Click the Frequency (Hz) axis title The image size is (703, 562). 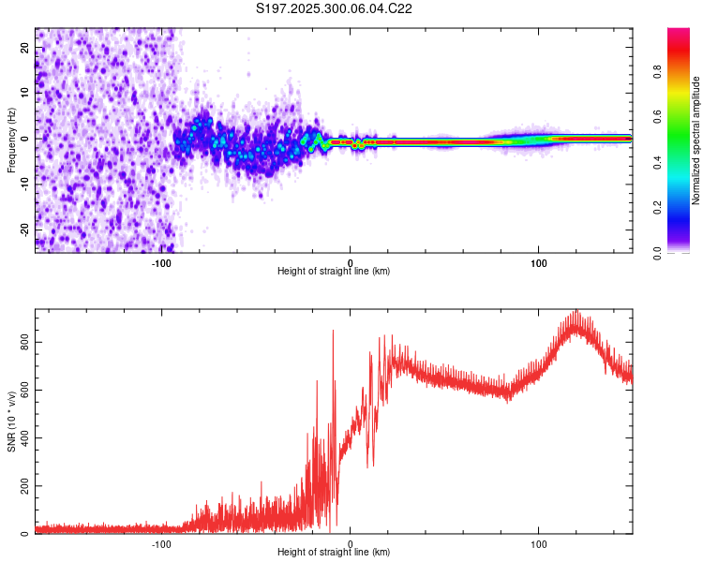[x=11, y=140]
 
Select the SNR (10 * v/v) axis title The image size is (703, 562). [x=11, y=421]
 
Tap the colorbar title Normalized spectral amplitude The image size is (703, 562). [x=696, y=140]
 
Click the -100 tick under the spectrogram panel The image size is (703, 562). [x=161, y=262]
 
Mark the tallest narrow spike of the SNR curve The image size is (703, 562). [x=333, y=331]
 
